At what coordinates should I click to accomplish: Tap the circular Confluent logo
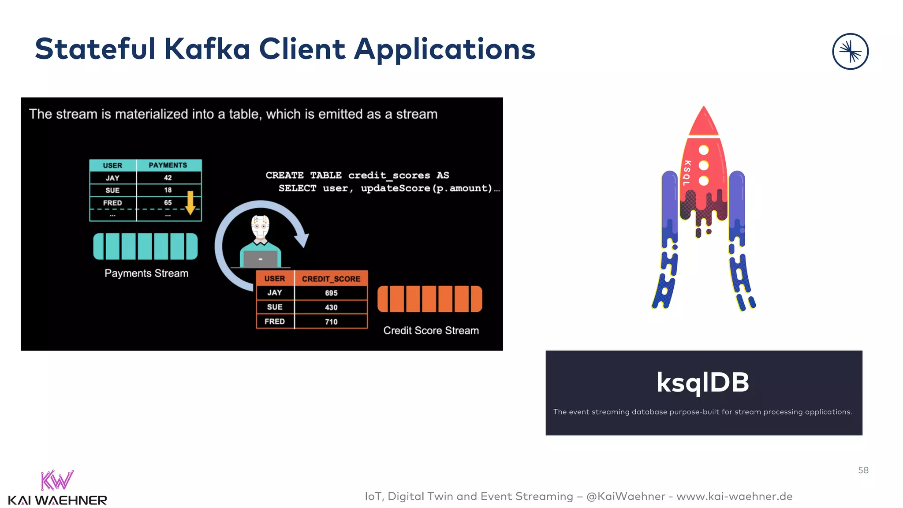coord(850,52)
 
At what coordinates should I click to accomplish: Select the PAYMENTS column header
coord(168,165)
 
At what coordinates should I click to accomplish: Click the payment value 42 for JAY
coord(168,178)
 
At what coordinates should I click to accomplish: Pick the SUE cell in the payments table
coord(112,190)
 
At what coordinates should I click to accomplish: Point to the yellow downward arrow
coord(190,203)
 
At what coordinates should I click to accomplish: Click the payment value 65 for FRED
coord(168,203)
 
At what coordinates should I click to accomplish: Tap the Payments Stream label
coord(146,273)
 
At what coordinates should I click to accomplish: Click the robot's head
coord(260,227)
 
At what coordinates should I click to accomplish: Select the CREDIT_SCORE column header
coord(331,279)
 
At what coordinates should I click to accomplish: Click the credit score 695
coord(331,293)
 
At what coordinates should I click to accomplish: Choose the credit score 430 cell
coord(331,307)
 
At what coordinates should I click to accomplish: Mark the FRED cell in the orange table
coord(274,321)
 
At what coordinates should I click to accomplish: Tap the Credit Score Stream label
coord(431,331)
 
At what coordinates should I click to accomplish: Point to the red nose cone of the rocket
coord(704,121)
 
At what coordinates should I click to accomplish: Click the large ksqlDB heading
coord(703,382)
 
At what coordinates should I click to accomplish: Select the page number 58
coord(863,470)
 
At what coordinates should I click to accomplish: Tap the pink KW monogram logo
coord(57,480)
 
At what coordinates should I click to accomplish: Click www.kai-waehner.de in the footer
coord(734,496)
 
